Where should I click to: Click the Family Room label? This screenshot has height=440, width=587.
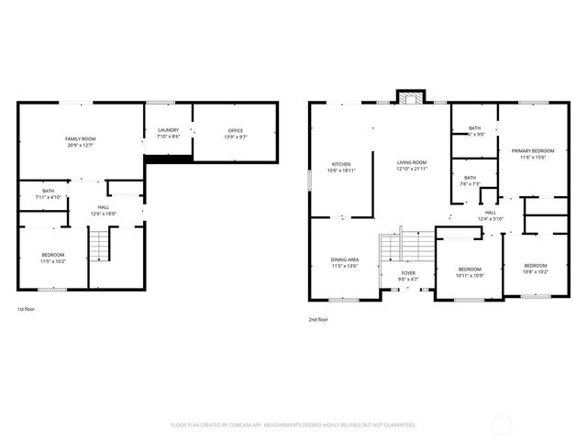coord(81,141)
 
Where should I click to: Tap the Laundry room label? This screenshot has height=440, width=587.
coord(168,133)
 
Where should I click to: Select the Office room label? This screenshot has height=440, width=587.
coord(236,133)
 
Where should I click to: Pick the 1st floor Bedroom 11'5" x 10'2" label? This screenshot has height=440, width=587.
coord(52,257)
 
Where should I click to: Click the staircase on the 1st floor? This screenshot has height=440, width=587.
coord(99,245)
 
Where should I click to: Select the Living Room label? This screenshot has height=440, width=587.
coord(412,165)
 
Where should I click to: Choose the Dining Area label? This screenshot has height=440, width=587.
coord(345,262)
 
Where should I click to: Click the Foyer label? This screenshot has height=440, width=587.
coord(409,276)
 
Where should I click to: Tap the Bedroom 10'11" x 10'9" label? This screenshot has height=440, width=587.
coord(470,272)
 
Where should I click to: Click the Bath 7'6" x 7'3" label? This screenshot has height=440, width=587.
coord(470,180)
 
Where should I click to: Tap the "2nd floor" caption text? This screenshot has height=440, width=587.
coord(318,319)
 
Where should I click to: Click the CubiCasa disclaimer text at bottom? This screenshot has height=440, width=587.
coord(293,424)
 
